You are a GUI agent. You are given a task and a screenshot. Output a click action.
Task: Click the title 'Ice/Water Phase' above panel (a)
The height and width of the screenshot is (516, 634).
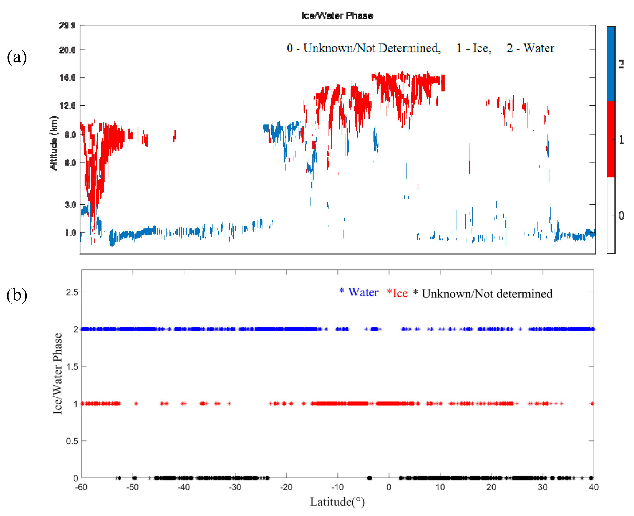pyautogui.click(x=337, y=15)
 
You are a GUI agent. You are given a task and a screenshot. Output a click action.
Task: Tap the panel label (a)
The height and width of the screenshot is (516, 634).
pyautogui.click(x=17, y=57)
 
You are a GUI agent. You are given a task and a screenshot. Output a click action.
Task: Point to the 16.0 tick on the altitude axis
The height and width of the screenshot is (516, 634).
pyautogui.click(x=67, y=78)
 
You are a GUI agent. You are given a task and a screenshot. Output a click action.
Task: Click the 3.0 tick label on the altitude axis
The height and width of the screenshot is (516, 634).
pyautogui.click(x=70, y=204)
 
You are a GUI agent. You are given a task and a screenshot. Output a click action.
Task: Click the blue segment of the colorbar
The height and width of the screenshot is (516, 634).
pyautogui.click(x=611, y=64)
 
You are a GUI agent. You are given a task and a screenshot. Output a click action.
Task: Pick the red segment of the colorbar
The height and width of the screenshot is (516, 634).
pyautogui.click(x=611, y=139)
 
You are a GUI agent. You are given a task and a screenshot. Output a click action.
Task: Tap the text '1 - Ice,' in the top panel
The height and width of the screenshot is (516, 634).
pyautogui.click(x=474, y=48)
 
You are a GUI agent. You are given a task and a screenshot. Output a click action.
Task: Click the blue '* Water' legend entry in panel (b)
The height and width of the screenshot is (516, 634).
pyautogui.click(x=359, y=292)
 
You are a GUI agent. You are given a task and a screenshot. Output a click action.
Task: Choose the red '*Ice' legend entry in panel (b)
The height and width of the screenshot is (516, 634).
pyautogui.click(x=397, y=293)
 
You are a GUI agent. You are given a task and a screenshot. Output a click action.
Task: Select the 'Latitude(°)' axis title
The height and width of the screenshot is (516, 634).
pyautogui.click(x=337, y=502)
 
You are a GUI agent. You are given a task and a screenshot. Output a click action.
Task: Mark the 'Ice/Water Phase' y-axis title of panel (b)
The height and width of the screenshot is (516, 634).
pyautogui.click(x=57, y=373)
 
